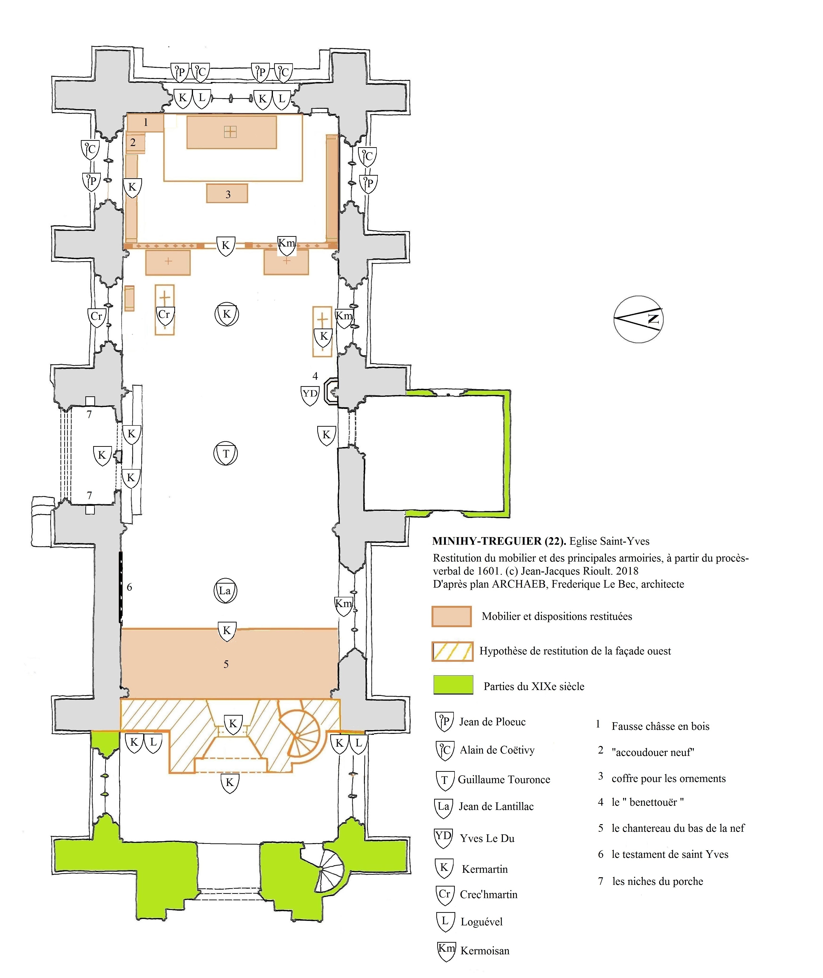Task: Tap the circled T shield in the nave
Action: [x=226, y=453]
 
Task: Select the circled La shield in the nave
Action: [x=225, y=591]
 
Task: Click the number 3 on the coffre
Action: [x=228, y=194]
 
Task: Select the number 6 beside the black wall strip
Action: [x=130, y=587]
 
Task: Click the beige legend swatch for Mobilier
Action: [x=452, y=616]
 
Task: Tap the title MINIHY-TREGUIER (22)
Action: [x=499, y=541]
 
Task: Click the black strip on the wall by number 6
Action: [x=120, y=587]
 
